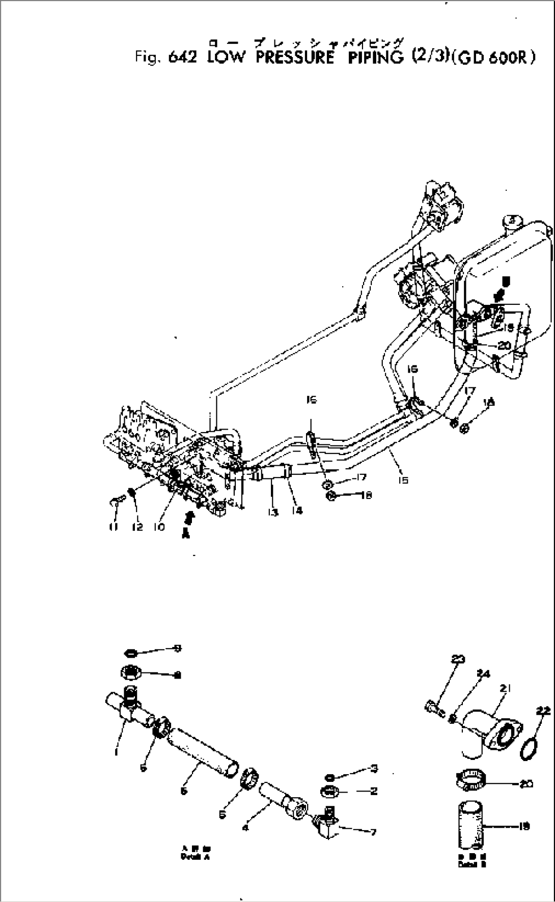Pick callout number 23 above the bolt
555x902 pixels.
pos(458,660)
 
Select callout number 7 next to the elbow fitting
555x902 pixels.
pos(373,832)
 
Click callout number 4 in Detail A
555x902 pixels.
pos(246,828)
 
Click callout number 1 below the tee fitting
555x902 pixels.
pos(117,751)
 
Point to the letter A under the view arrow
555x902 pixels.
pos(186,534)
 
